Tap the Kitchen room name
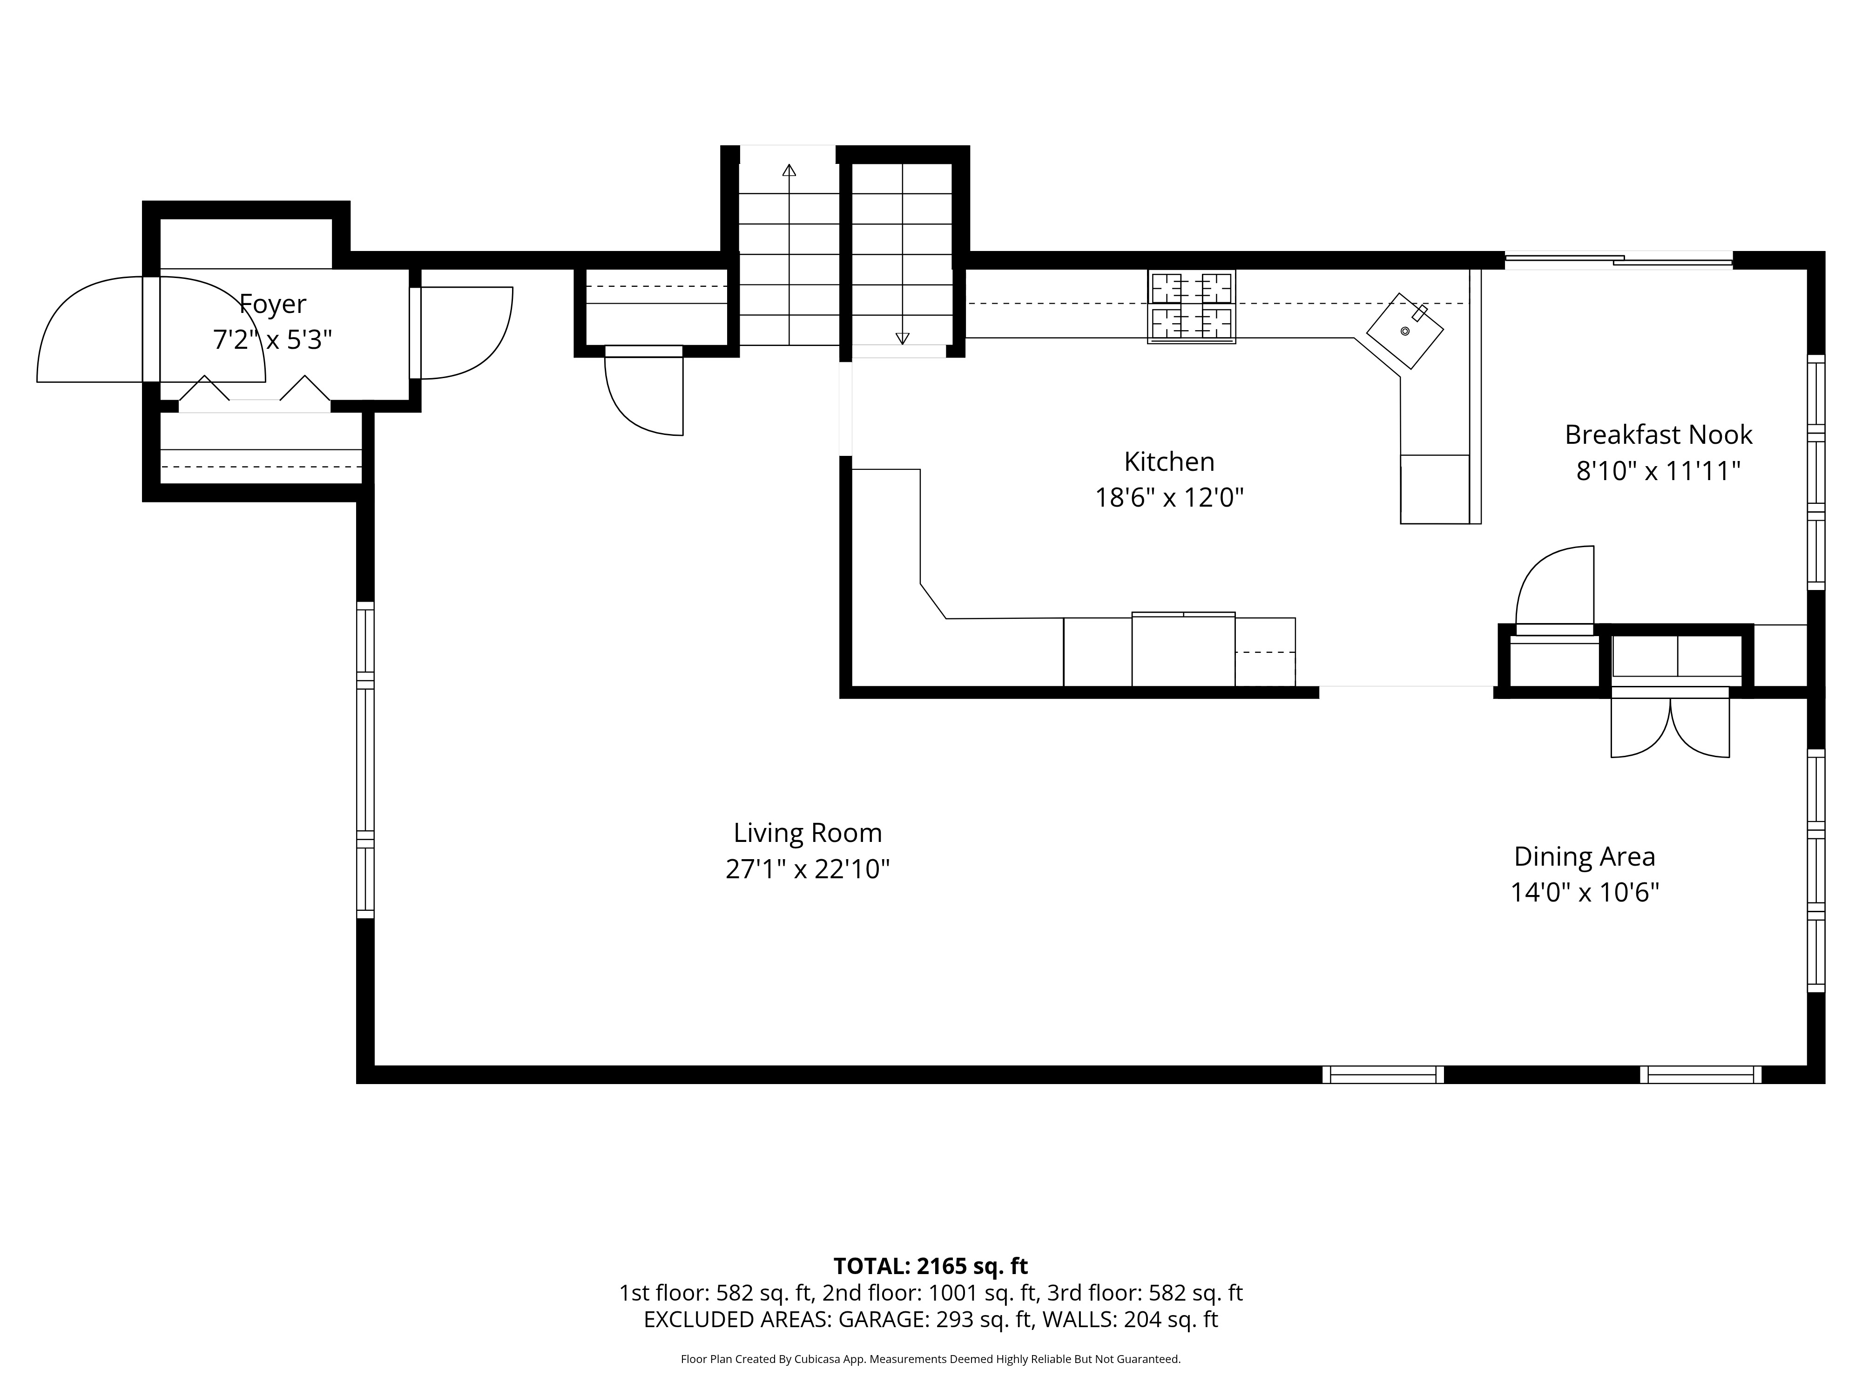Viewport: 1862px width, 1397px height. (1169, 461)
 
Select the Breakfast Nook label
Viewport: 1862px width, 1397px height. (1658, 434)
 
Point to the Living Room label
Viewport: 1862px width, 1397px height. (807, 833)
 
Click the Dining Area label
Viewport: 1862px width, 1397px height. (1584, 856)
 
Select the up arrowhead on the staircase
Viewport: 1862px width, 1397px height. (789, 170)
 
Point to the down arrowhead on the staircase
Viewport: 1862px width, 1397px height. (903, 339)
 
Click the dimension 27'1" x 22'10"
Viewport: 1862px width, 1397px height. (807, 869)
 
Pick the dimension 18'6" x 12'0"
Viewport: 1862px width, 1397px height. (1169, 498)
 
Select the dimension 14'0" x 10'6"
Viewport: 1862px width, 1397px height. (1584, 893)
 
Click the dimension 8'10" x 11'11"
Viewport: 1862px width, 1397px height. (1658, 471)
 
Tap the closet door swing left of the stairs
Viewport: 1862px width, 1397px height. (644, 393)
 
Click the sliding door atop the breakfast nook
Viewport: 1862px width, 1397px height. (1618, 261)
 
